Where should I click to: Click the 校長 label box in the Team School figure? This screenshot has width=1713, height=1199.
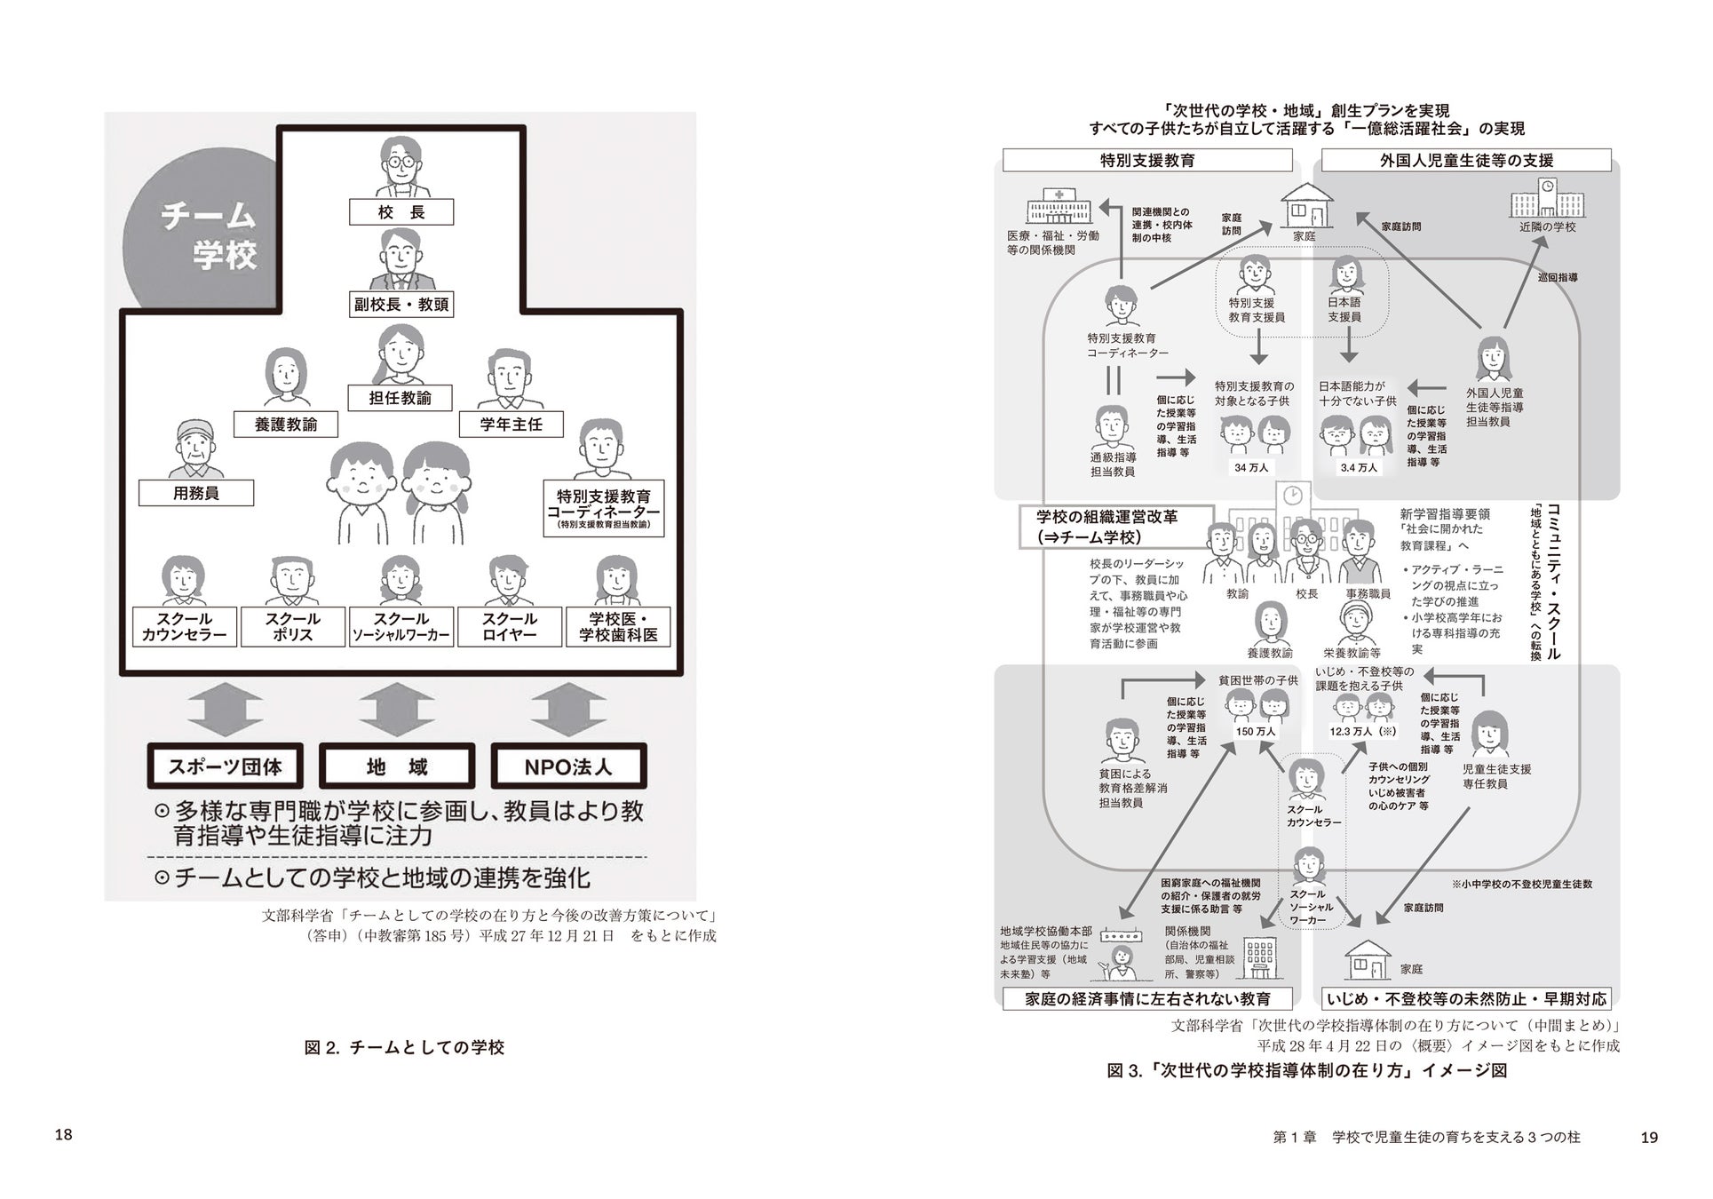coord(401,212)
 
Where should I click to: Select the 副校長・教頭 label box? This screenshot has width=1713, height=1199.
coord(401,305)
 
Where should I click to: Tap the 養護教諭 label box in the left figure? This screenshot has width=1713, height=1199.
coord(286,425)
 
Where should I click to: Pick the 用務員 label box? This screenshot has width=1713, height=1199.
coord(196,493)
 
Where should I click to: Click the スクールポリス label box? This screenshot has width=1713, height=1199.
coord(292,627)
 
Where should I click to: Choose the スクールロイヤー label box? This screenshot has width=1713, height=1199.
coord(509,627)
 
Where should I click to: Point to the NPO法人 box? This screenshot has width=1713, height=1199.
coord(568,766)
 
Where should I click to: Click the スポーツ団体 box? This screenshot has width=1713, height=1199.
coord(226,766)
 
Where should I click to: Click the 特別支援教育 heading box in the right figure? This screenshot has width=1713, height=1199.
coord(1147,161)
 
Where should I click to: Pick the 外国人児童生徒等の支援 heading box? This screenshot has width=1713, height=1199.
coord(1466,161)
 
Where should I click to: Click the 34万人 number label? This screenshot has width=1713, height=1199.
coord(1251,467)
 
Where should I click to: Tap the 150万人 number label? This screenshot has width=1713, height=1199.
coord(1255,732)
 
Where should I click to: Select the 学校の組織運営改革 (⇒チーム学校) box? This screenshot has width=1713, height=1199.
coord(1116,527)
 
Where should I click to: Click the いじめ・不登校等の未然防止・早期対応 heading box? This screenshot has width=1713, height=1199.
coord(1466,999)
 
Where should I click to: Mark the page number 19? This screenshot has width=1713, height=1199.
coord(1649,1138)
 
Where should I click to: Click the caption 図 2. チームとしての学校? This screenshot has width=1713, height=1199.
coord(404,1048)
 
